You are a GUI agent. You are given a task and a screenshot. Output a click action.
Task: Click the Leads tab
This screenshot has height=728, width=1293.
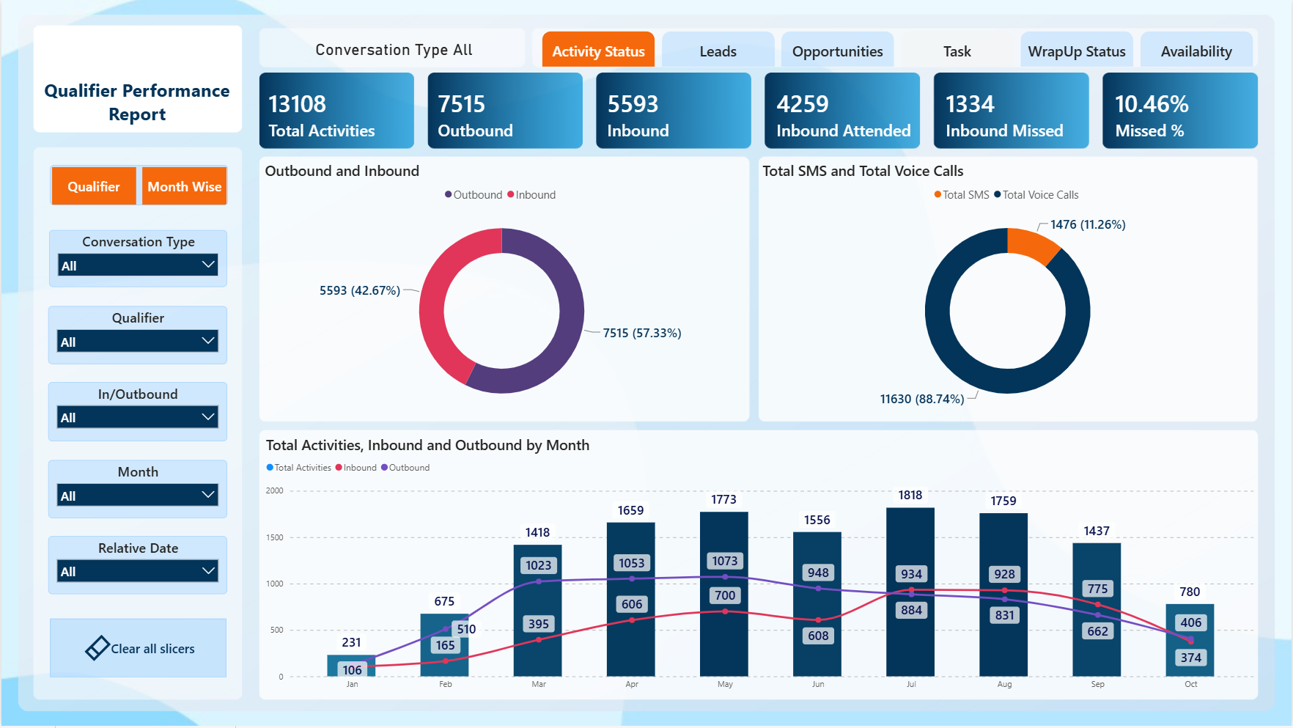tap(718, 51)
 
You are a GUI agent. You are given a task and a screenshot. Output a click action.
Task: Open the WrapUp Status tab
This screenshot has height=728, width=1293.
tap(1076, 51)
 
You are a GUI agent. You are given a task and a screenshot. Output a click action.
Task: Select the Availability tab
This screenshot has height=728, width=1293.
tap(1196, 51)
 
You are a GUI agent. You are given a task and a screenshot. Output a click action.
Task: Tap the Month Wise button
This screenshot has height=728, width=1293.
tap(184, 186)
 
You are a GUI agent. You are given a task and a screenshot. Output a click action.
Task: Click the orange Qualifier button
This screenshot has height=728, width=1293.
tap(94, 186)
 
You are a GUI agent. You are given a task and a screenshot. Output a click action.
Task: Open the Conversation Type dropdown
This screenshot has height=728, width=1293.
tap(138, 265)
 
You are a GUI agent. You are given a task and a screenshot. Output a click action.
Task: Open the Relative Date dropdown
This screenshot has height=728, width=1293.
tap(138, 571)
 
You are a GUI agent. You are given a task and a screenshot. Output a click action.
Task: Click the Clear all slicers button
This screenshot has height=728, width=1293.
tap(139, 648)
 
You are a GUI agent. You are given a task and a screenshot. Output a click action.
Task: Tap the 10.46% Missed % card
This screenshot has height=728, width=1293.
tap(1180, 111)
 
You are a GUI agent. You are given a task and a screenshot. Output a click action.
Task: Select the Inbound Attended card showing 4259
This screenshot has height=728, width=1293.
tap(842, 111)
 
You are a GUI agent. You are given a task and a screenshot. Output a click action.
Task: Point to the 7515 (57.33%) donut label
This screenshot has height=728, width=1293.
tap(642, 333)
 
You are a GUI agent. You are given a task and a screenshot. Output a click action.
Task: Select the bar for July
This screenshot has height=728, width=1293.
tap(910, 592)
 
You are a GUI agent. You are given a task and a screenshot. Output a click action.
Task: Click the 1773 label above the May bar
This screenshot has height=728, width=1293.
tap(723, 499)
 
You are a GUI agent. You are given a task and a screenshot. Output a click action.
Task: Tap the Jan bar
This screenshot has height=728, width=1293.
tap(351, 666)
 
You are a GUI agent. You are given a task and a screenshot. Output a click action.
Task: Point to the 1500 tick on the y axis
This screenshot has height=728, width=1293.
tap(275, 537)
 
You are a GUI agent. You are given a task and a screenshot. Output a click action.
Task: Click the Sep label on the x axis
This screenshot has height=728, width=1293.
tap(1097, 684)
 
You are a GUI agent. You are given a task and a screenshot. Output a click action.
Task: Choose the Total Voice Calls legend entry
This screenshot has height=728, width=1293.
tap(1036, 195)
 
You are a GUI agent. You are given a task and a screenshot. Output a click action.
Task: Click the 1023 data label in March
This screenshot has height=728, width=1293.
tap(538, 565)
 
